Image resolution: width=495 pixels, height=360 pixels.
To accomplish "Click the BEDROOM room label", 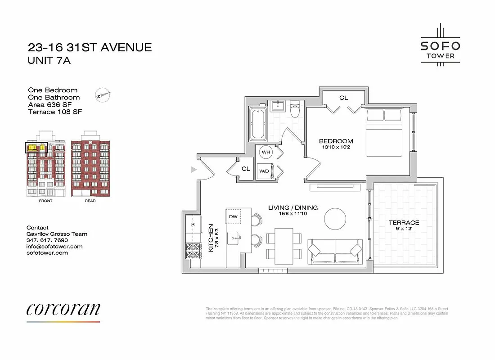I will coord(336,141).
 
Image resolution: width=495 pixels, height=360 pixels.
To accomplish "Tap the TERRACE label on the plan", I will coord(404,223).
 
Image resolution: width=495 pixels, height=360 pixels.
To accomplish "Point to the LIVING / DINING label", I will coord(293,207).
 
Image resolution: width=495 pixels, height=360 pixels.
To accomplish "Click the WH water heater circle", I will coord(266,152).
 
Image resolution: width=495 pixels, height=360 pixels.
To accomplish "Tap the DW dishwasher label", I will coord(233,216).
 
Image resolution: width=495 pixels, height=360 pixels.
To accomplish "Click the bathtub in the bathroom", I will coord(258,123).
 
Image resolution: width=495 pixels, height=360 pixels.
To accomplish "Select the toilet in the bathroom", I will coord(295,109).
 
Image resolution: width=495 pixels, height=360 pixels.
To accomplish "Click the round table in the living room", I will coord(335,218).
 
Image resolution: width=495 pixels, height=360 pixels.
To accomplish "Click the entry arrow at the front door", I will coord(194,170).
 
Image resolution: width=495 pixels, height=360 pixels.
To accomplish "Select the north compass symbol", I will coord(103,95).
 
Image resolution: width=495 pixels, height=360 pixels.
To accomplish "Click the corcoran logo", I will coord(63,309).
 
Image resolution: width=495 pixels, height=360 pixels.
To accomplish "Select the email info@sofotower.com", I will coord(54,247).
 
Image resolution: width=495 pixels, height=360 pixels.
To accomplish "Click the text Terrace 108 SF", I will coord(55,112).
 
